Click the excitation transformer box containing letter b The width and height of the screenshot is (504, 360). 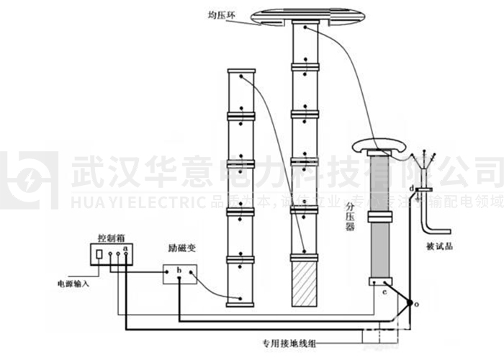180,274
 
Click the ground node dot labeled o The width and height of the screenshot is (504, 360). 410,303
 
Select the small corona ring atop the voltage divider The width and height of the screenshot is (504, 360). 380,148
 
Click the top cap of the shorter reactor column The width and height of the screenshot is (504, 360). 241,71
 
